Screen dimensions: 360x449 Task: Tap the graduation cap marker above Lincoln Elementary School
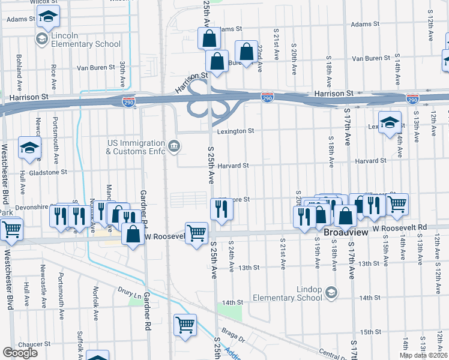49,17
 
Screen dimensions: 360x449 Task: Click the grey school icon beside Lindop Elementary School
330,292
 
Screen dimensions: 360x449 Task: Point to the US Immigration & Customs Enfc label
135,147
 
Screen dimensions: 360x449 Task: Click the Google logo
20,352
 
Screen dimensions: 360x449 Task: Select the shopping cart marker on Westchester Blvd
11,229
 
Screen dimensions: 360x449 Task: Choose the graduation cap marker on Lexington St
390,122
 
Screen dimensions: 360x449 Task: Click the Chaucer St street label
34,344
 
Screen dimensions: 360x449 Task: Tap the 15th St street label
366,332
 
